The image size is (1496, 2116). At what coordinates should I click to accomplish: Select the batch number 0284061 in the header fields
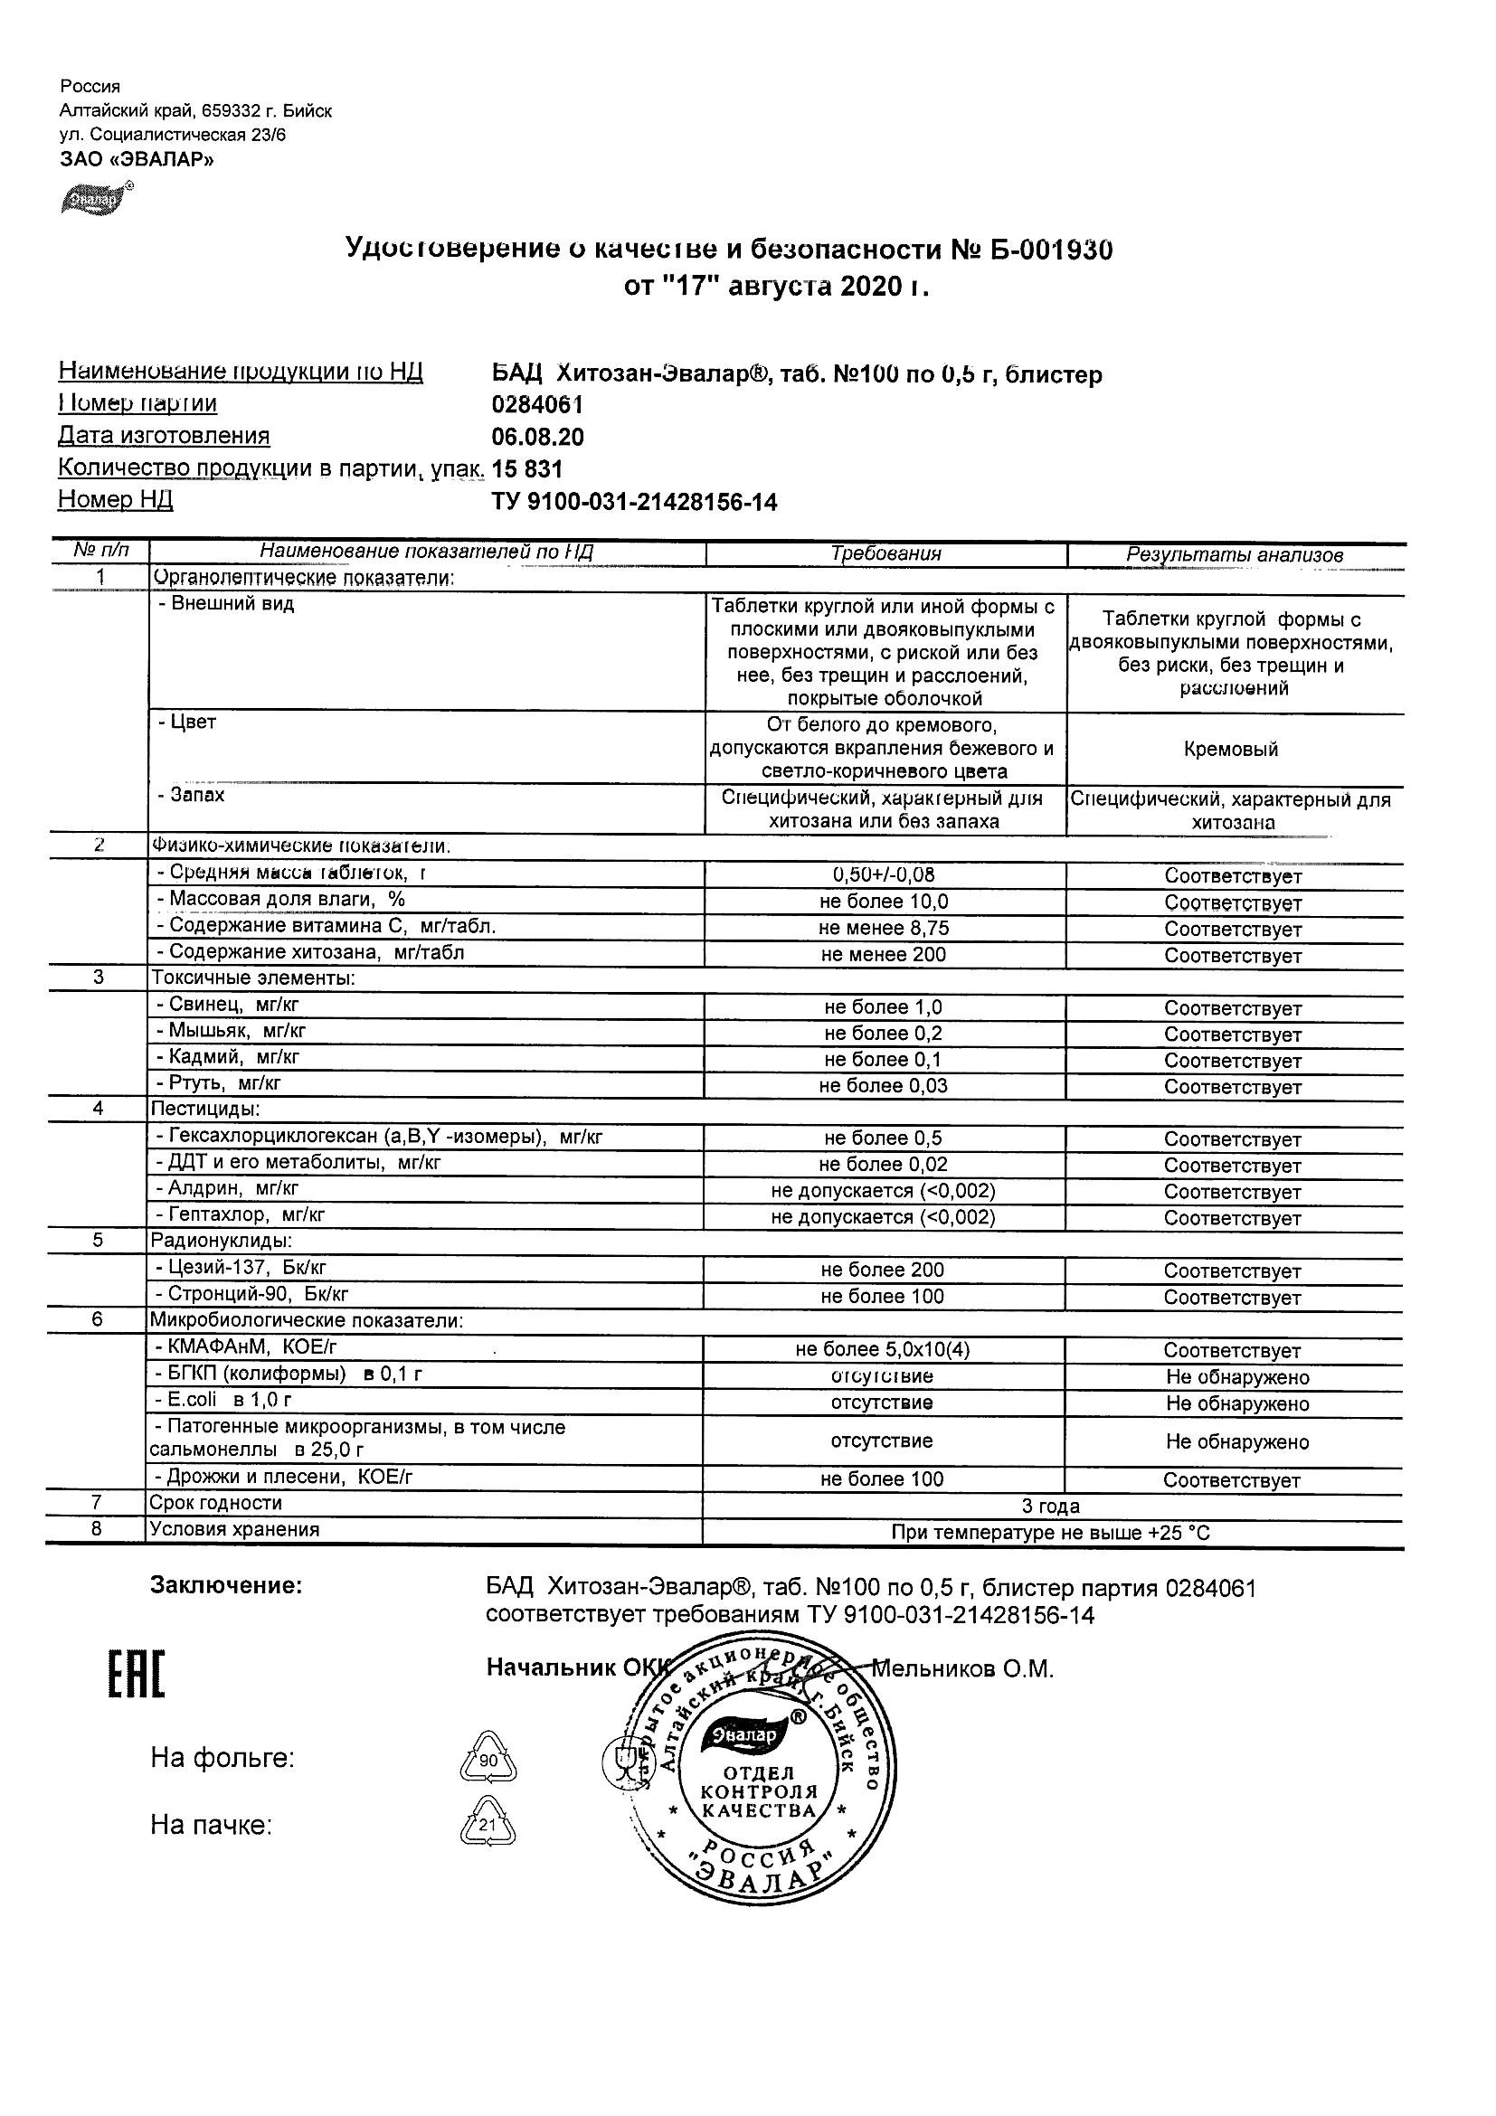tap(537, 405)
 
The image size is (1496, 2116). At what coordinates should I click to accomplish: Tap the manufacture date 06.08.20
tap(537, 437)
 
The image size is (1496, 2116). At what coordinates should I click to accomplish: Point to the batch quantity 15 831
tap(526, 469)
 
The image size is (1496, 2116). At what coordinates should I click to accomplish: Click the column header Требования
tap(885, 554)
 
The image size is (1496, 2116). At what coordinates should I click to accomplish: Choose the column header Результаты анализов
tap(1235, 555)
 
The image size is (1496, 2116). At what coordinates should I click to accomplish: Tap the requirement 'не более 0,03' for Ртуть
tap(883, 1086)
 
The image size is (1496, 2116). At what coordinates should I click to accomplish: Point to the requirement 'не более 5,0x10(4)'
tap(882, 1350)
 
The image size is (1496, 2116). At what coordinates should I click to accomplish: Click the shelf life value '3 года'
tap(1051, 1506)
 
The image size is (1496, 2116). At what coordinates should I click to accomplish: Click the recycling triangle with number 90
tap(488, 1759)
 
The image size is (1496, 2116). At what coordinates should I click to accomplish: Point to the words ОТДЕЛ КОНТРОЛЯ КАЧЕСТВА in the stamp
tap(759, 1791)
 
